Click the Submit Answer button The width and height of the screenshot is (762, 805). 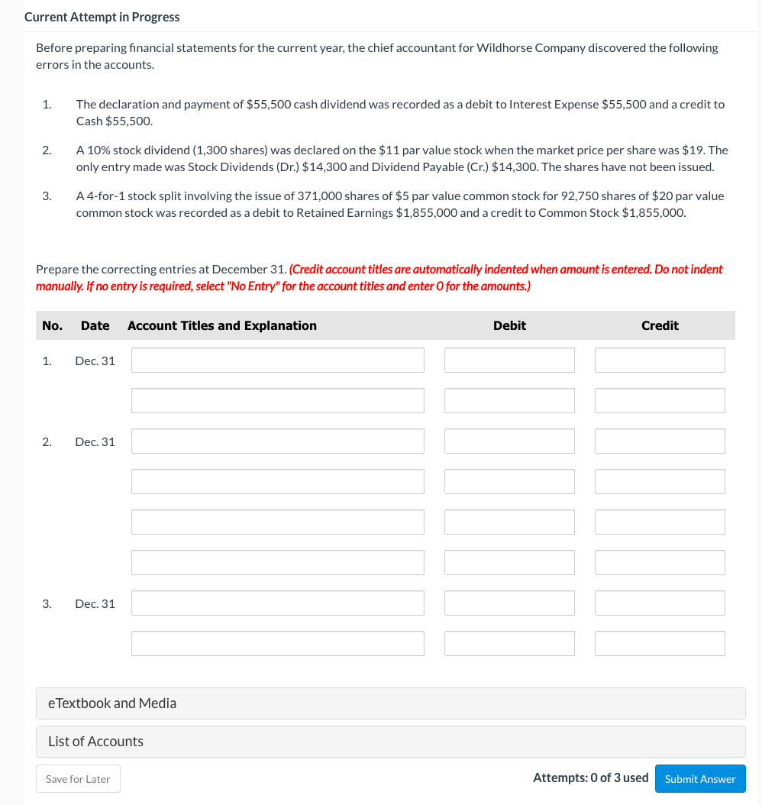point(699,779)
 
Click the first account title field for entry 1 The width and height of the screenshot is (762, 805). point(277,360)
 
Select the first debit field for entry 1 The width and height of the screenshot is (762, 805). point(509,360)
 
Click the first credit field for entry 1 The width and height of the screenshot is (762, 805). point(660,360)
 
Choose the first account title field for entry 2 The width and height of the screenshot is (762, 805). point(277,441)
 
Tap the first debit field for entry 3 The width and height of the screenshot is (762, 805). point(509,603)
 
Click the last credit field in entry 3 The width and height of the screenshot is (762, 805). point(660,644)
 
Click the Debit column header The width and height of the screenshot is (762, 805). point(509,325)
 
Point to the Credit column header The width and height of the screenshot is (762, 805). point(660,325)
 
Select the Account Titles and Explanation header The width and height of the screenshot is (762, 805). point(222,325)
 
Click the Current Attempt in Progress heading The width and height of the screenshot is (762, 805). point(102,17)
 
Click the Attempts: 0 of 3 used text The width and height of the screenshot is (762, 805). point(590,778)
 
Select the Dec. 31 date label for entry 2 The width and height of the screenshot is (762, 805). point(95,441)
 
